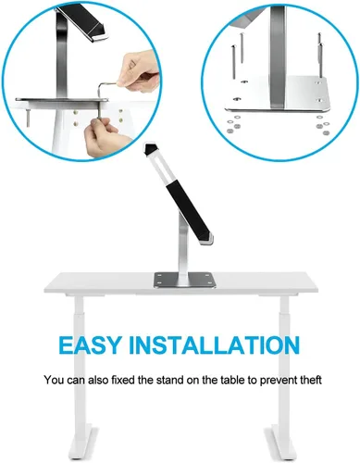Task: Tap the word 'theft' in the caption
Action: pyautogui.click(x=307, y=380)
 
